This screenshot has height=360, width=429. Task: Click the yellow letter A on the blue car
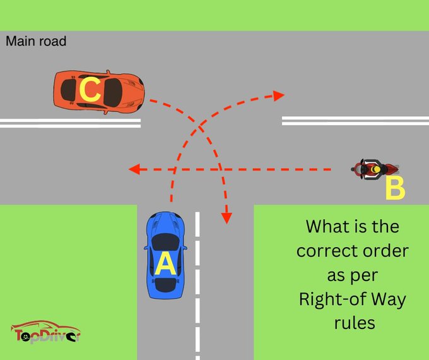(165, 264)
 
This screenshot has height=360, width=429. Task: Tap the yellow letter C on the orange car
(90, 90)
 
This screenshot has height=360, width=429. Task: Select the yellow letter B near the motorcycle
(394, 188)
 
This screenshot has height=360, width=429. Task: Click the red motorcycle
(376, 169)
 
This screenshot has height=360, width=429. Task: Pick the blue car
(165, 255)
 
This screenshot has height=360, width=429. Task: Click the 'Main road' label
(36, 42)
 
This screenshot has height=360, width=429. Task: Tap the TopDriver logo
(45, 333)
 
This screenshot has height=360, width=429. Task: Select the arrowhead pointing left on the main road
(132, 169)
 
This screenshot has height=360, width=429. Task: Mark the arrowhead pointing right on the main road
(278, 95)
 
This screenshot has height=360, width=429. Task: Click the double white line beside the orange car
(69, 123)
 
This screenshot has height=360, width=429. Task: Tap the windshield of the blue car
(165, 241)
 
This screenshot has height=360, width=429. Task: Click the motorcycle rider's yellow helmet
(377, 169)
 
